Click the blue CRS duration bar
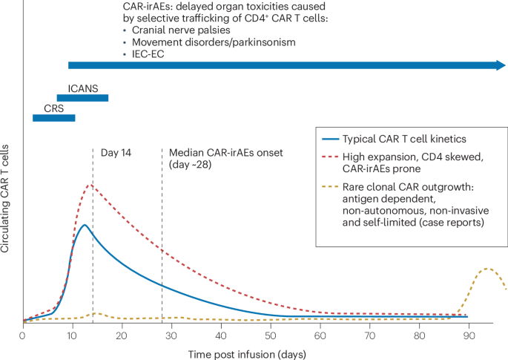click(x=53, y=117)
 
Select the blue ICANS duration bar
click(x=82, y=98)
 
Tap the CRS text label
click(x=53, y=107)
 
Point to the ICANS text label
click(x=82, y=88)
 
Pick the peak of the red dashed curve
click(x=90, y=185)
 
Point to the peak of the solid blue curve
click(x=85, y=224)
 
